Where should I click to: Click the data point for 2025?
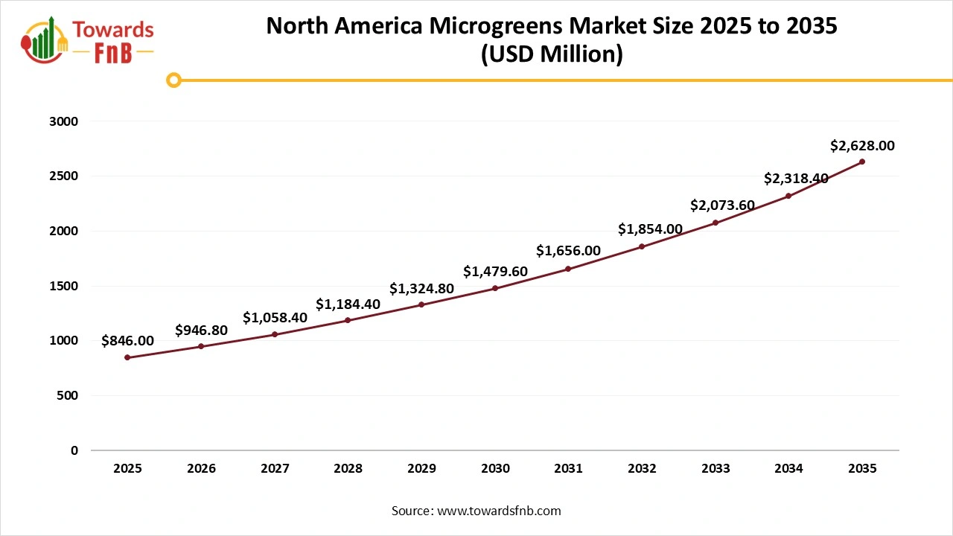click(127, 357)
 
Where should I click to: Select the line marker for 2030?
click(495, 288)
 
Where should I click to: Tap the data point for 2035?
click(862, 162)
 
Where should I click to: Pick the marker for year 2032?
click(642, 246)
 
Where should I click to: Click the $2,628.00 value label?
click(862, 147)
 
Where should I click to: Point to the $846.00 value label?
click(127, 341)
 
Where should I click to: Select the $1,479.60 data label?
click(495, 272)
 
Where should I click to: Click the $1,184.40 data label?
click(348, 304)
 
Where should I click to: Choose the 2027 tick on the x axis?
click(275, 469)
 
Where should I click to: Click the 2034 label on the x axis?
click(788, 469)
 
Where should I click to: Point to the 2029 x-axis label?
click(421, 469)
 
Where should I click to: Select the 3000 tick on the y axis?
click(63, 121)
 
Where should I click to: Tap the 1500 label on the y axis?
click(63, 286)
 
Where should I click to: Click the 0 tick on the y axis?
click(74, 450)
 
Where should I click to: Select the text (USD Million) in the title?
click(552, 54)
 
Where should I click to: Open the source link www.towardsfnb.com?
click(499, 511)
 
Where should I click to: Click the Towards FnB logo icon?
click(45, 39)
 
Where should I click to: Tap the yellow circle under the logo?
click(173, 80)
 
